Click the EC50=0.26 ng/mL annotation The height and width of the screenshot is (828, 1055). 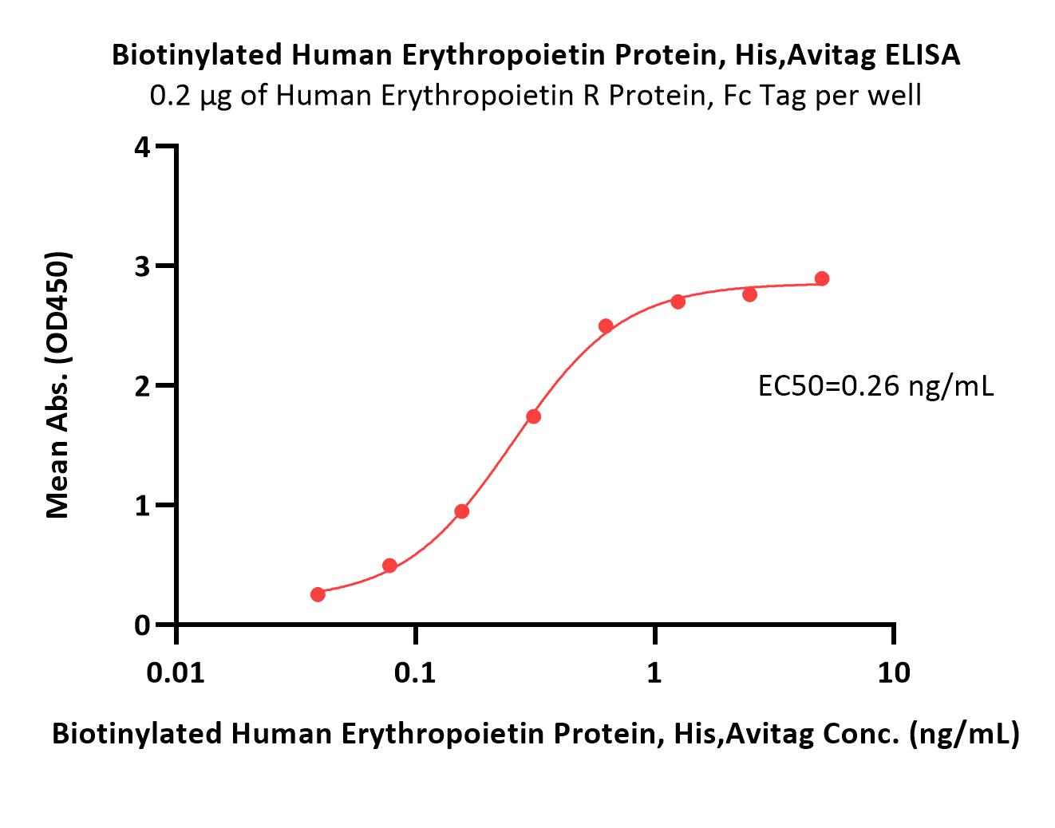tap(876, 387)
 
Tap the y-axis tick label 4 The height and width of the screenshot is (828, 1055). tap(143, 147)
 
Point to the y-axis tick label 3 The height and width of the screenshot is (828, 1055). tap(143, 266)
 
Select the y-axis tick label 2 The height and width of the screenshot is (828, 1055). tap(143, 385)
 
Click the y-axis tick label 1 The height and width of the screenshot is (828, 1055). tap(143, 506)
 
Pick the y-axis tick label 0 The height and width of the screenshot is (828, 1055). tap(143, 625)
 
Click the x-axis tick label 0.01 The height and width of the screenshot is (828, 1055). tap(176, 673)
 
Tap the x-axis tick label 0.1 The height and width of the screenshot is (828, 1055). tap(415, 673)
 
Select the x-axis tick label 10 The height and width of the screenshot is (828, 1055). tap(894, 673)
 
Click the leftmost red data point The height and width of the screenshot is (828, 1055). tap(318, 594)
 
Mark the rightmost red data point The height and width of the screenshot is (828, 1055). tap(822, 279)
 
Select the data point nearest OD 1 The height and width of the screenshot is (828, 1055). tap(462, 511)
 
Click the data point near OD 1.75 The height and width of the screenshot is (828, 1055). tap(534, 416)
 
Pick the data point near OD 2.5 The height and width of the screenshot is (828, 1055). tap(606, 326)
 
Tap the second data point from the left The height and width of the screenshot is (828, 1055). tap(390, 566)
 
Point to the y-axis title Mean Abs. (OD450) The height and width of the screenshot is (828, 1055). tap(58, 384)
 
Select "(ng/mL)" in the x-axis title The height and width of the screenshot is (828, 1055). tap(964, 734)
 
